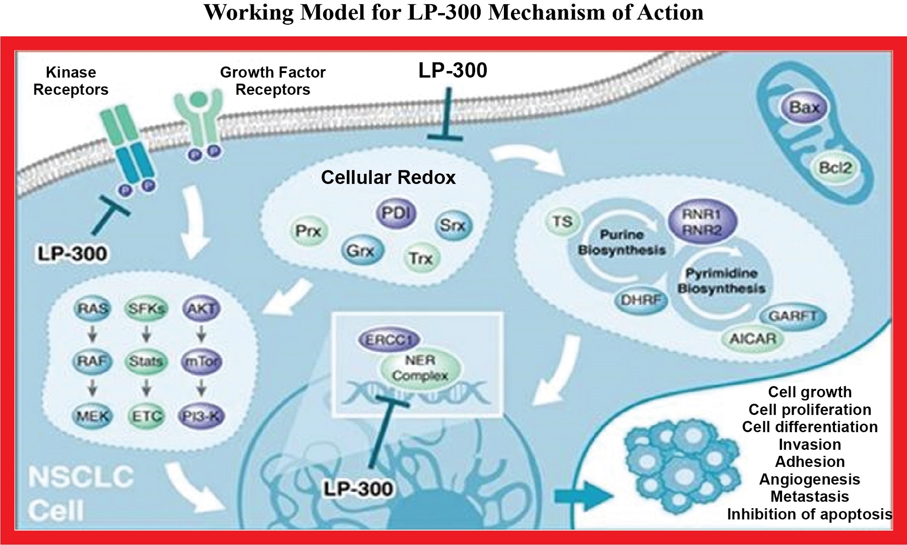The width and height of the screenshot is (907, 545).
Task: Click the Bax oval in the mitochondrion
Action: click(804, 108)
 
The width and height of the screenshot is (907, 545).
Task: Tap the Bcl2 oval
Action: click(834, 168)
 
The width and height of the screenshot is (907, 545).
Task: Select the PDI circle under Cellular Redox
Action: click(396, 214)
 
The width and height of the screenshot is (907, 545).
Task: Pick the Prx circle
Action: click(308, 231)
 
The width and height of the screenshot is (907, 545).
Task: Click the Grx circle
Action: click(361, 250)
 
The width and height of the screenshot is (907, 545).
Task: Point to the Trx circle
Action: click(421, 258)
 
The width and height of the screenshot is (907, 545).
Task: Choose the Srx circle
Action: click(452, 225)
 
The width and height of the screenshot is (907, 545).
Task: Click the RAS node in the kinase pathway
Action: click(93, 308)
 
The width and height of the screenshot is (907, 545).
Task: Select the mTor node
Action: click(201, 361)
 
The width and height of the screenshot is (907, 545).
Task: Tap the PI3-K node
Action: click(201, 416)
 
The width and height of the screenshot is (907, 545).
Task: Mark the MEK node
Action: click(93, 416)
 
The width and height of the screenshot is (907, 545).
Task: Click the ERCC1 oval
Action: click(389, 340)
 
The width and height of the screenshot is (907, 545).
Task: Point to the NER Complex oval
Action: click(420, 368)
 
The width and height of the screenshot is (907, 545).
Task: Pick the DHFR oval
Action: click(640, 300)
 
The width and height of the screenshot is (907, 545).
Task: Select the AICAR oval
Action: click(753, 338)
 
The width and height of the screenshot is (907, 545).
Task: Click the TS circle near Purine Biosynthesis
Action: click(562, 222)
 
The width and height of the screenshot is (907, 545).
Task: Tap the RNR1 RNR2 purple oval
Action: click(702, 222)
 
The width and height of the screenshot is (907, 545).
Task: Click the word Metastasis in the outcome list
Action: click(809, 497)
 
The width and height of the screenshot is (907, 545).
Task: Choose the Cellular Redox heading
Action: click(388, 177)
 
